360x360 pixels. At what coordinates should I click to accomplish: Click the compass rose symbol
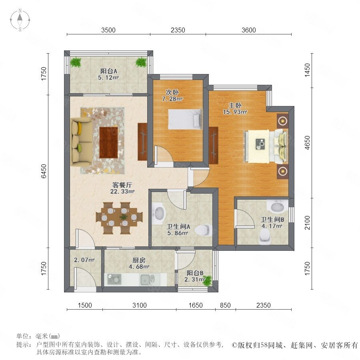tap(20, 20)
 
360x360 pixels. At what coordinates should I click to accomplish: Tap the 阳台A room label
tap(108, 71)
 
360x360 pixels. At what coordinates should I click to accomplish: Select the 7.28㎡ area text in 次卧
tap(172, 99)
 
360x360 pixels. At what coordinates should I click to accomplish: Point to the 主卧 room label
tap(235, 105)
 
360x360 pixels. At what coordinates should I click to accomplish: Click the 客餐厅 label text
tap(122, 185)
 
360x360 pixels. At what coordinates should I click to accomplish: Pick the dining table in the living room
tap(119, 218)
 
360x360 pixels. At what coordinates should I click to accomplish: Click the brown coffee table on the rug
tap(108, 142)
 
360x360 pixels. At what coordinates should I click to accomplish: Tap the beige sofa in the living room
tap(82, 142)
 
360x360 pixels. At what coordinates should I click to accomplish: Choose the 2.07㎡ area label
tap(84, 260)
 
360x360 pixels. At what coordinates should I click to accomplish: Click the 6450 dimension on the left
tap(44, 171)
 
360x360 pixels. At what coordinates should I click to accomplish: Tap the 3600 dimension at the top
tap(249, 30)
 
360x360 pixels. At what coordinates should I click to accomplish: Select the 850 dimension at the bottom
tap(225, 305)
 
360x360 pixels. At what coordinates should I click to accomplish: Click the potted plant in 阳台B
tap(208, 280)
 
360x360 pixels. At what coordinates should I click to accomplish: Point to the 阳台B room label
tap(195, 273)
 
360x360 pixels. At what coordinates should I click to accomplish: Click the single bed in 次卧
tap(184, 119)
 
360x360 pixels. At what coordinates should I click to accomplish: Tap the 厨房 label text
tap(139, 260)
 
